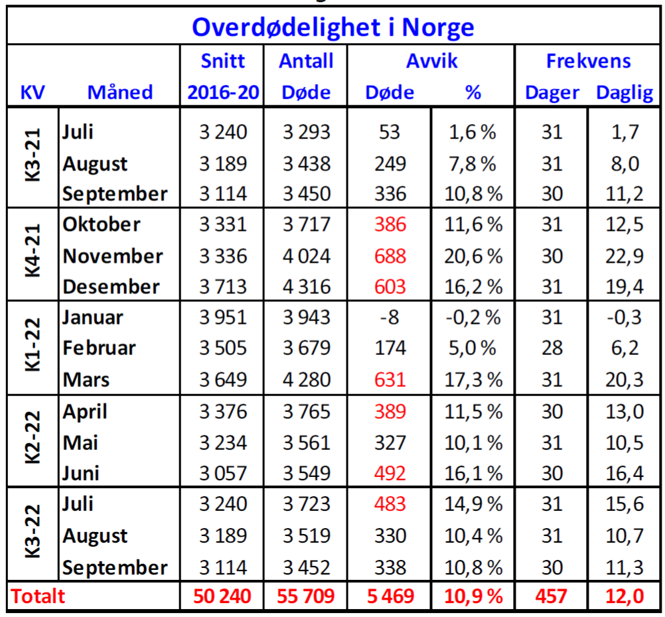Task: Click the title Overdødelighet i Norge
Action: [332, 27]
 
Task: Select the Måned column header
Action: [119, 92]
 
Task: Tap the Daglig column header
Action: [624, 92]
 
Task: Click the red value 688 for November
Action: [390, 256]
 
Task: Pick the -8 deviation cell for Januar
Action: [390, 318]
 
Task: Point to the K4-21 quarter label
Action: [33, 255]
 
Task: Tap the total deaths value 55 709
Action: [306, 596]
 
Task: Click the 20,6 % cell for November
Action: [472, 256]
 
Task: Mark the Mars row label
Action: [86, 380]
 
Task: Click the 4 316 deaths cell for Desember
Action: [306, 287]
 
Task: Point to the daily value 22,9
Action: [624, 256]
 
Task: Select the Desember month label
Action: [111, 287]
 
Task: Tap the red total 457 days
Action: [551, 596]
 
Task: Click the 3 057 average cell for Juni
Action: [223, 474]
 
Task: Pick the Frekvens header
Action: [588, 61]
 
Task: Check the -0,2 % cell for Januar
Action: [472, 318]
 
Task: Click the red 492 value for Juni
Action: [390, 474]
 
